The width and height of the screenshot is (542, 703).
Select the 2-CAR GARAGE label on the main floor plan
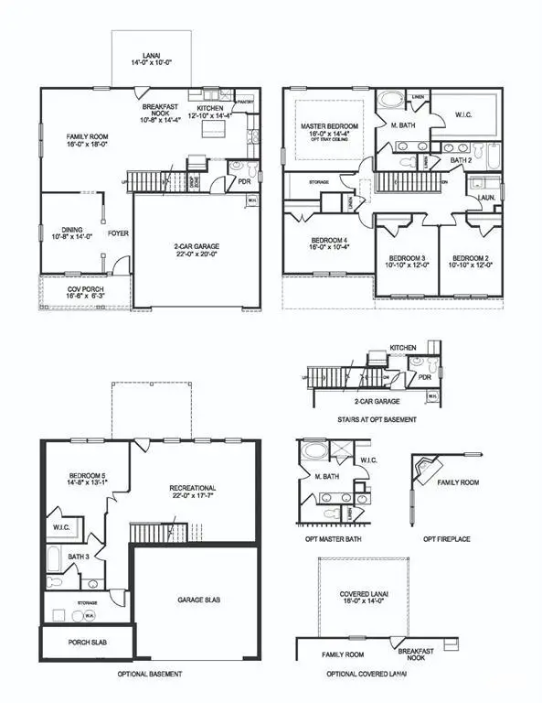197,246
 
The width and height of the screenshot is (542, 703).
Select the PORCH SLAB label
88,643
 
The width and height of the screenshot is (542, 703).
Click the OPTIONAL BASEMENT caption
149,674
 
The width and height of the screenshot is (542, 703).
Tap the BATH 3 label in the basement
78,556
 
